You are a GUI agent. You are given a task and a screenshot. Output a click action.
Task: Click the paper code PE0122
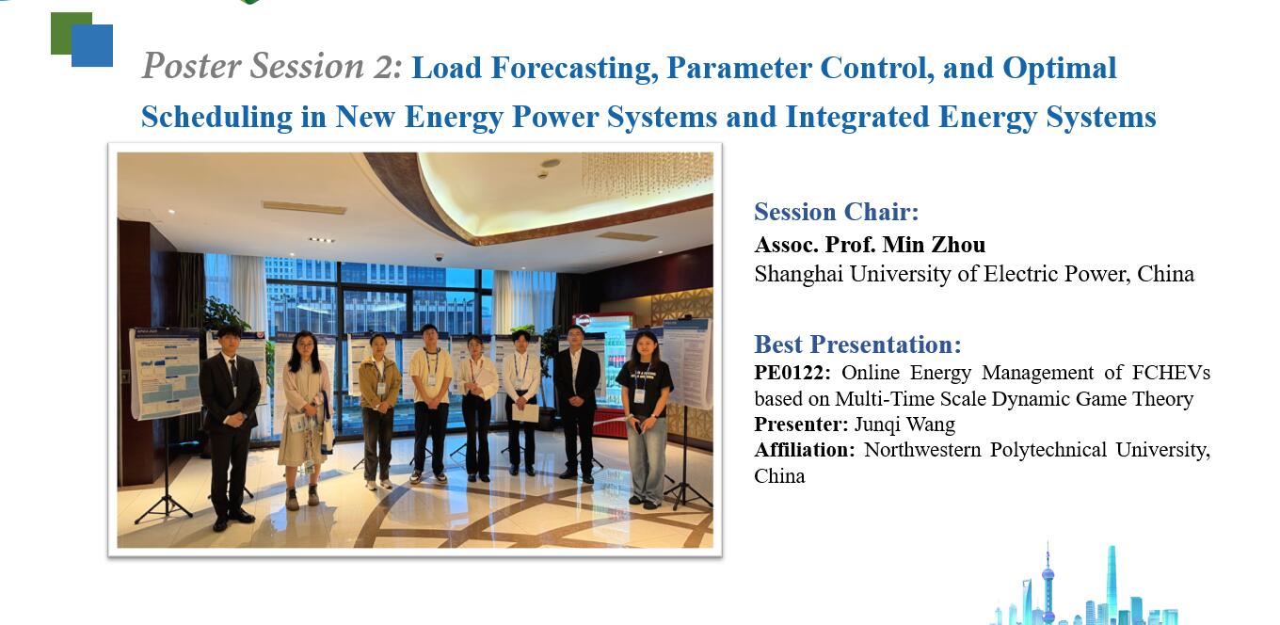click(792, 373)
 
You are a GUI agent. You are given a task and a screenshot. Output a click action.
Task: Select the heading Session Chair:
click(837, 212)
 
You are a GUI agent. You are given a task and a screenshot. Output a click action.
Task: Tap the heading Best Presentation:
click(857, 345)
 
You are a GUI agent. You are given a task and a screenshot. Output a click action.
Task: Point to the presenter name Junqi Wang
click(904, 425)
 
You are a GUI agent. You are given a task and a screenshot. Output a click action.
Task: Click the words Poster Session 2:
click(273, 66)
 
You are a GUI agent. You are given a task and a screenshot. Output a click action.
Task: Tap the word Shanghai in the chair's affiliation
click(798, 274)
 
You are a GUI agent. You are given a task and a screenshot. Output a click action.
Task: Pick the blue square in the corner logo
click(92, 46)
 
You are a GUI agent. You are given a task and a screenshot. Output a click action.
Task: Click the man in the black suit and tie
click(230, 426)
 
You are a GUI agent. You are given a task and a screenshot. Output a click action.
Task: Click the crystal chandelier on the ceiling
click(647, 171)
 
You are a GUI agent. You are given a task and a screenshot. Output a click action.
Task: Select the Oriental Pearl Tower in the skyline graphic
click(1048, 583)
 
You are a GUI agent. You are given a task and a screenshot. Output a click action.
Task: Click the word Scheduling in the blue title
click(216, 118)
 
